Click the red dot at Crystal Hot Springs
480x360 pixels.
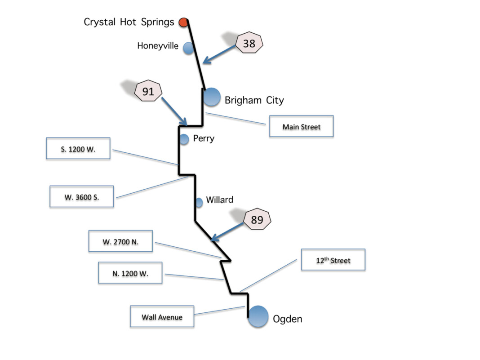pyautogui.click(x=183, y=22)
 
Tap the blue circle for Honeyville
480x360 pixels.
pyautogui.click(x=189, y=48)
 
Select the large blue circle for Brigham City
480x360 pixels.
pyautogui.click(x=211, y=97)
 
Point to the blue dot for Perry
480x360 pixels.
pyautogui.click(x=184, y=139)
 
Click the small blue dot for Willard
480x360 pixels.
pyautogui.click(x=199, y=202)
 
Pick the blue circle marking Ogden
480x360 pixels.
pyautogui.click(x=258, y=316)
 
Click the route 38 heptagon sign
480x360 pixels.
pyautogui.click(x=249, y=44)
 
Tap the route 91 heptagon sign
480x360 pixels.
pyautogui.click(x=148, y=92)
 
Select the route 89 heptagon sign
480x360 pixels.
pyautogui.click(x=257, y=220)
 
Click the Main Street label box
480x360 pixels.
pyautogui.click(x=301, y=127)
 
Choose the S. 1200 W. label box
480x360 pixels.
pyautogui.click(x=78, y=149)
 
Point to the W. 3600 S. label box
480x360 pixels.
pyautogui.click(x=81, y=196)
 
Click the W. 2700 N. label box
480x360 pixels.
pyautogui.click(x=120, y=242)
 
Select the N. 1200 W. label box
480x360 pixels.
pyautogui.click(x=130, y=273)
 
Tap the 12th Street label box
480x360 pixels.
pyautogui.click(x=333, y=260)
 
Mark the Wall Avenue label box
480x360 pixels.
pyautogui.click(x=162, y=317)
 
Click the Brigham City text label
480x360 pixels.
pyautogui.click(x=254, y=100)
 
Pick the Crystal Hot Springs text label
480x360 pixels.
pyautogui.click(x=129, y=22)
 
